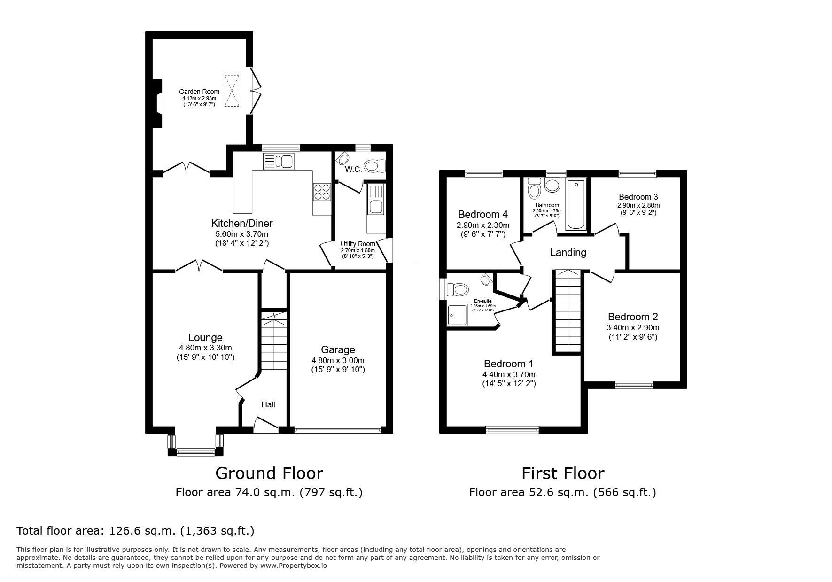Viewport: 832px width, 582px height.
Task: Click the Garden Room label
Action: point(199,92)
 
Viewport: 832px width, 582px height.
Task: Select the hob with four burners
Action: point(322,192)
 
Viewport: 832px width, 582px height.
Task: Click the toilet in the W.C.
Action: point(374,166)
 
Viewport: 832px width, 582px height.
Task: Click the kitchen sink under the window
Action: point(279,161)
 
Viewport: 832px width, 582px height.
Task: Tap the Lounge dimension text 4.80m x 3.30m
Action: point(205,348)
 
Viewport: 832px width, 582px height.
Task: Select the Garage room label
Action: point(338,350)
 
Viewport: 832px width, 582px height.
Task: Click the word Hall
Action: point(268,404)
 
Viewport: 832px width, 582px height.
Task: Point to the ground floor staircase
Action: point(273,340)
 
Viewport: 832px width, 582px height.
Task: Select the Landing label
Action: point(568,253)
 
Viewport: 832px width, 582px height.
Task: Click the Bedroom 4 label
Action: point(483,215)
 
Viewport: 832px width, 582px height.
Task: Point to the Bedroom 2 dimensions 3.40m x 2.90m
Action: point(633,328)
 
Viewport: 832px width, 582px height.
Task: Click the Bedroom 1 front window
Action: point(512,429)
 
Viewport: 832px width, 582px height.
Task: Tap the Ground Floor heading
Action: point(269,473)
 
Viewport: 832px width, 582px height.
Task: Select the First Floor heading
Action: point(563,473)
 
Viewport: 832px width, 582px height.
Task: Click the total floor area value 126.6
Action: point(125,531)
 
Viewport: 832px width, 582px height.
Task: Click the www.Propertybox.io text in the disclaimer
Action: point(294,566)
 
